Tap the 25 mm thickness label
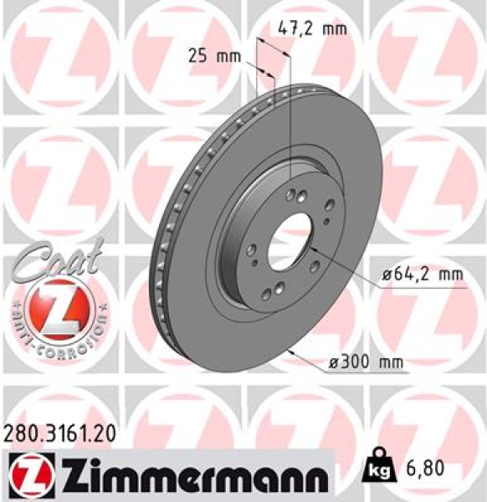[213, 57]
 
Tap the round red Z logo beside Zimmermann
[25, 474]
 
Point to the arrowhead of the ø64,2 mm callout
[311, 247]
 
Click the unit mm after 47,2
[331, 28]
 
